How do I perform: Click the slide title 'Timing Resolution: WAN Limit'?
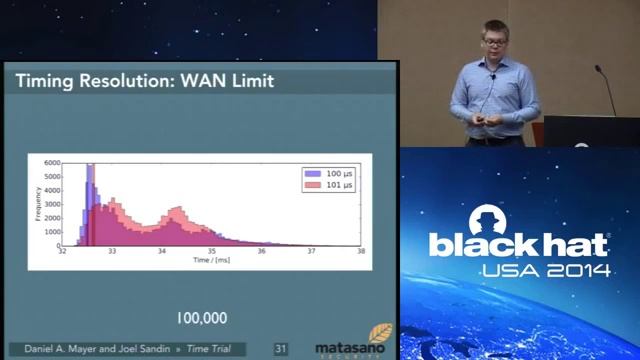coord(146,81)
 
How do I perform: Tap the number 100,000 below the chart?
coord(202,318)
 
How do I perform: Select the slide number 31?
coord(281,348)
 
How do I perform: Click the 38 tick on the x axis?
coord(361,253)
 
